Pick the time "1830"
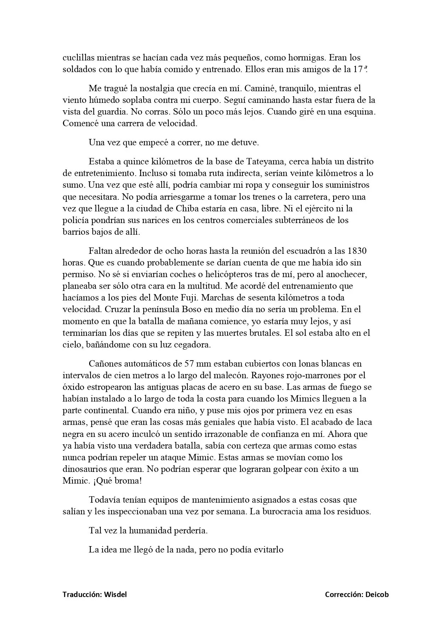tap(357, 251)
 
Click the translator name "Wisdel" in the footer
tap(115, 595)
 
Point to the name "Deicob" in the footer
tap(376, 595)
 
